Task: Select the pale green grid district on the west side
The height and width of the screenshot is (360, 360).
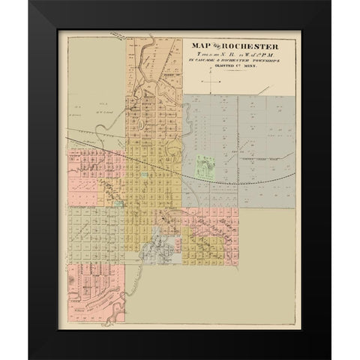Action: coord(94,232)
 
